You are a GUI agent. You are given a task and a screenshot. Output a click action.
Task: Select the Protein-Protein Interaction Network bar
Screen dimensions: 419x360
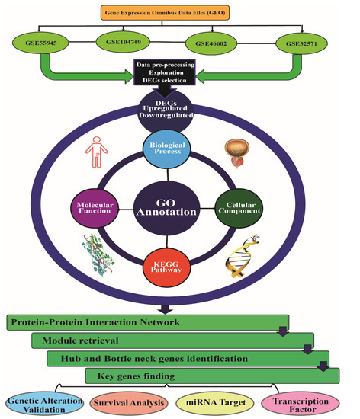click(x=149, y=323)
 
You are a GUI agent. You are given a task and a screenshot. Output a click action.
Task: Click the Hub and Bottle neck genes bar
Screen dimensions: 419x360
click(x=183, y=358)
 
